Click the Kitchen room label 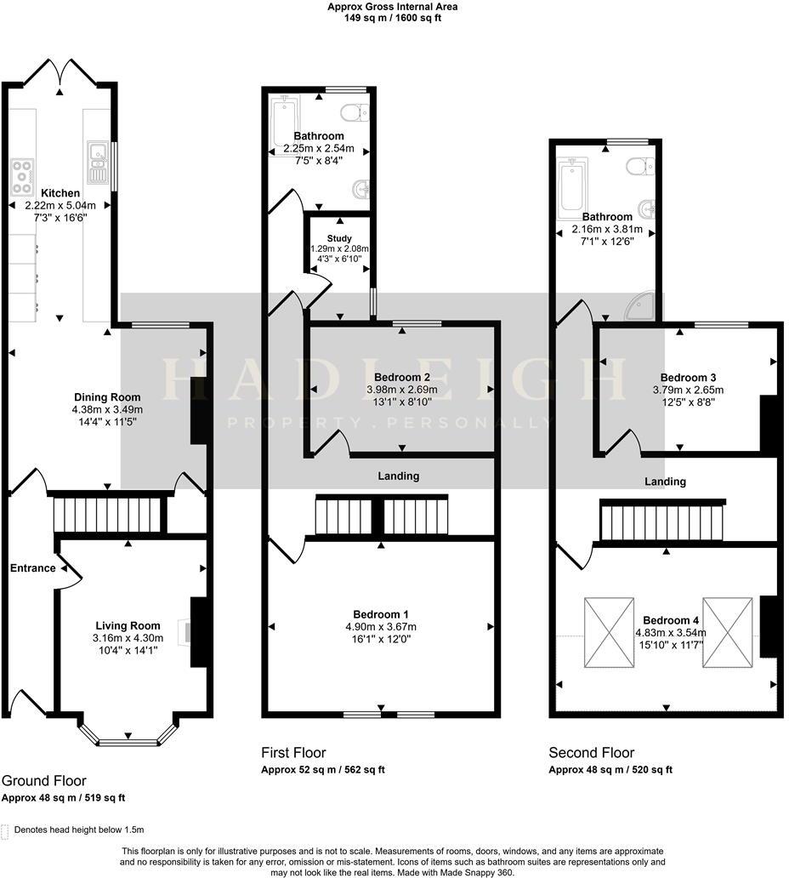click(x=60, y=194)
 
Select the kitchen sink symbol click(x=95, y=162)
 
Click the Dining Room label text click(x=107, y=397)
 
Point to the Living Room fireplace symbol click(x=184, y=632)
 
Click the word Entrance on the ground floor click(x=32, y=568)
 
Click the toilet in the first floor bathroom click(x=355, y=112)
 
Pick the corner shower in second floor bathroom click(x=641, y=306)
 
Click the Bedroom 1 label click(x=381, y=614)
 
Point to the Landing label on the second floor click(x=665, y=482)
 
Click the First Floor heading click(x=293, y=752)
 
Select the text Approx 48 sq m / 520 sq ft click(x=610, y=770)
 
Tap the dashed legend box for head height click(x=6, y=830)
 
